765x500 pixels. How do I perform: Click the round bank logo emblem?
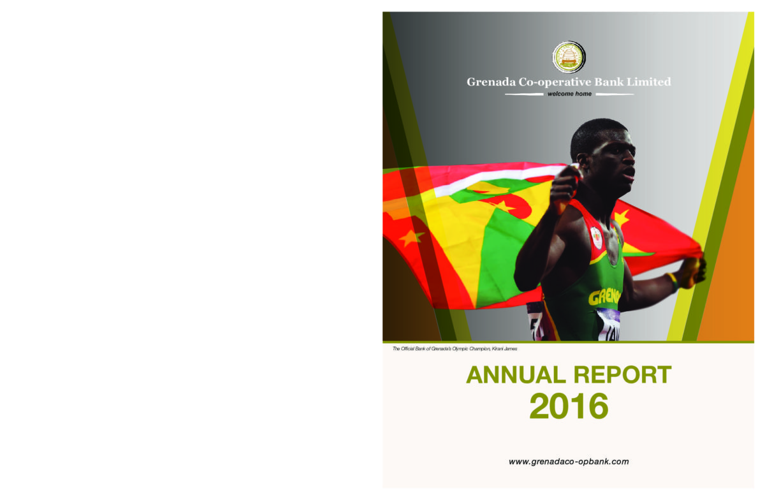click(569, 57)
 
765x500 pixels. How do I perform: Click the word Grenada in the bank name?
click(491, 82)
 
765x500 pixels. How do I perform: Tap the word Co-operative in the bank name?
click(555, 83)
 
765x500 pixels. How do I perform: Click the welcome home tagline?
click(569, 94)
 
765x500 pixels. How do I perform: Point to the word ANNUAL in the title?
click(516, 375)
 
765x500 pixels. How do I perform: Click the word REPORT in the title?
click(623, 375)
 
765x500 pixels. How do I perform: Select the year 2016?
click(569, 406)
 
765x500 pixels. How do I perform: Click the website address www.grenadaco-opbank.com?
click(569, 462)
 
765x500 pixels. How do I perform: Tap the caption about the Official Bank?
click(455, 349)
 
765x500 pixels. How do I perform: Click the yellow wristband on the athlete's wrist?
click(673, 282)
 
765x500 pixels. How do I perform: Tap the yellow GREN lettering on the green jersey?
click(604, 297)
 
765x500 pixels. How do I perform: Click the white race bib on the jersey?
click(609, 325)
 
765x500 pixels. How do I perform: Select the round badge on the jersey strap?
click(596, 237)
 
